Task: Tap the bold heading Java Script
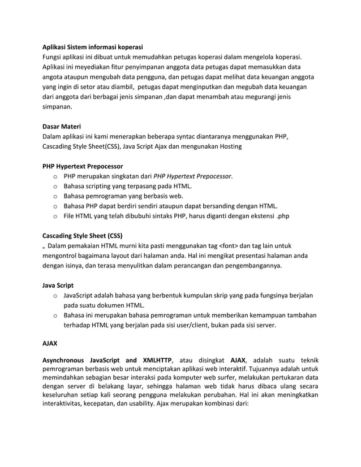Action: (x=58, y=285)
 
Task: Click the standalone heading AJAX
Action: (x=50, y=343)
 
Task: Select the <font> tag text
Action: (x=233, y=245)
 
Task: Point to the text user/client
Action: (x=191, y=326)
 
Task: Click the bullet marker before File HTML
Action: (x=55, y=216)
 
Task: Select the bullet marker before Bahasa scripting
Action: (x=55, y=186)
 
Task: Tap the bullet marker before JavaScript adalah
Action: (x=55, y=296)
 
